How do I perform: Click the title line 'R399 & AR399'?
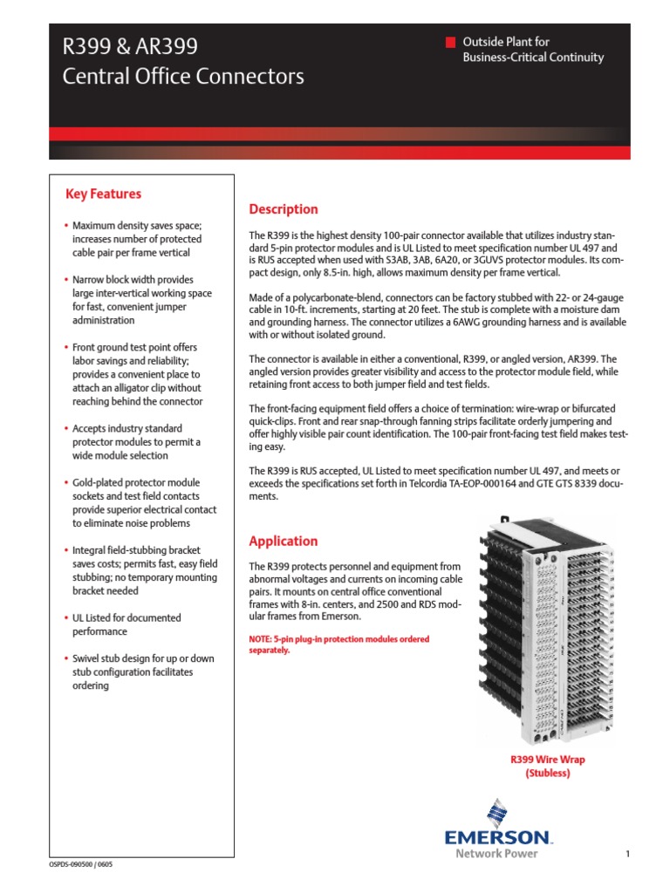pyautogui.click(x=130, y=46)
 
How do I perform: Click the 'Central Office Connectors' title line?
pyautogui.click(x=183, y=77)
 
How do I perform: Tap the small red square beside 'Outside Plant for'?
pyautogui.click(x=450, y=42)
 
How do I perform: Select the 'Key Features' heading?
pyautogui.click(x=103, y=194)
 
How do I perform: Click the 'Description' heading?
pyautogui.click(x=284, y=209)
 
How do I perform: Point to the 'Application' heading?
pyautogui.click(x=284, y=541)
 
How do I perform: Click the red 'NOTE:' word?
pyautogui.click(x=263, y=639)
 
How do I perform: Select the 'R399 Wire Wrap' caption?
pyautogui.click(x=547, y=760)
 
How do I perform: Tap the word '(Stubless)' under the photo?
pyautogui.click(x=547, y=774)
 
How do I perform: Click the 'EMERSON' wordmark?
pyautogui.click(x=498, y=838)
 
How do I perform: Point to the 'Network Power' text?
pyautogui.click(x=496, y=853)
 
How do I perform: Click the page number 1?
pyautogui.click(x=627, y=854)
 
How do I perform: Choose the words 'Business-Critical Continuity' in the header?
pyautogui.click(x=532, y=58)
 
